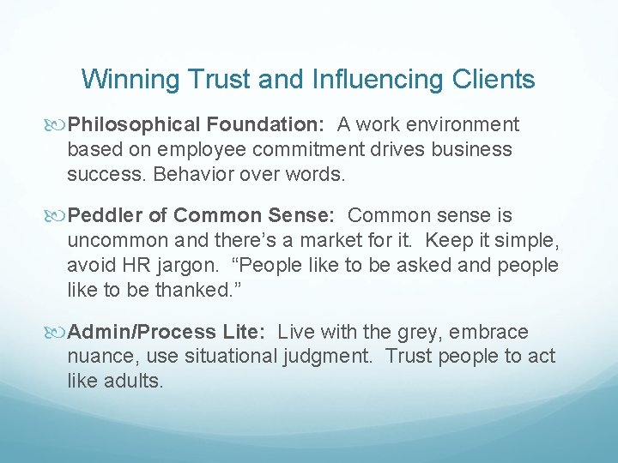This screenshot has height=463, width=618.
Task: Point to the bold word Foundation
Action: [x=268, y=125]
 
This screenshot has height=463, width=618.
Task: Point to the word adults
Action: [x=133, y=381]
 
